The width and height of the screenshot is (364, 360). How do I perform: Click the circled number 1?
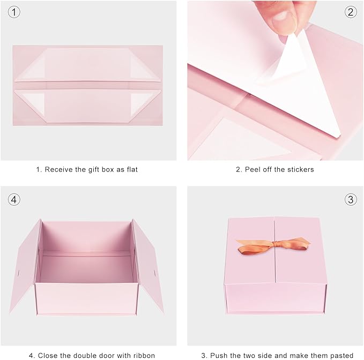click(x=14, y=11)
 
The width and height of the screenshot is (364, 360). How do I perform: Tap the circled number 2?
click(x=351, y=11)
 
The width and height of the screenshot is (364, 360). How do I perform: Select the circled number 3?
click(x=351, y=200)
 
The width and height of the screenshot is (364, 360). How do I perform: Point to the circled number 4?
click(x=14, y=200)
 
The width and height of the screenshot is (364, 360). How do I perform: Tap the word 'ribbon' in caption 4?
click(x=143, y=355)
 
